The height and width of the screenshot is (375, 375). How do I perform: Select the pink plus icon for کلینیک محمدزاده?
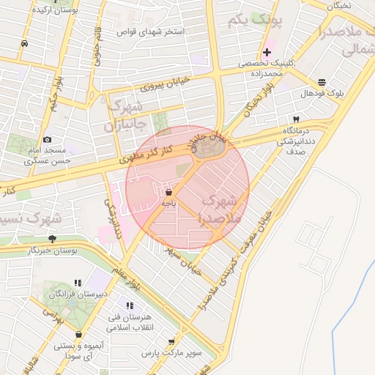coord(267,52)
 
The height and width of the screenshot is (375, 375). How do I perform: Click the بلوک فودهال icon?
coord(322,82)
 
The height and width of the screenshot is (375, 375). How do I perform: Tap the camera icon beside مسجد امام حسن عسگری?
coord(48,139)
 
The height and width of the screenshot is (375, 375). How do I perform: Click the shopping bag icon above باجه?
coord(169,192)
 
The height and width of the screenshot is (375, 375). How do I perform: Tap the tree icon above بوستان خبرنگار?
coord(51,239)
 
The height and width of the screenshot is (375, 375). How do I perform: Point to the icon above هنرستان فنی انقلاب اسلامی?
coord(130,305)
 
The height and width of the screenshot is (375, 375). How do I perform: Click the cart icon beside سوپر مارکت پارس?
coord(171,341)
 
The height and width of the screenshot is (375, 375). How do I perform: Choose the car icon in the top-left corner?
coord(24,43)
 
